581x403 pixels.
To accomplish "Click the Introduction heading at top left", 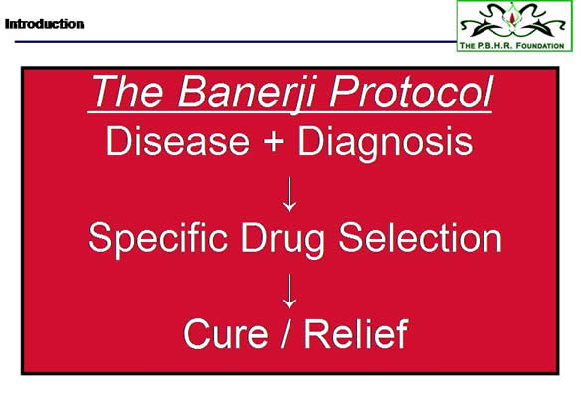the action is (x=44, y=24).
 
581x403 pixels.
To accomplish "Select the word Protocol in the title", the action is (x=412, y=92).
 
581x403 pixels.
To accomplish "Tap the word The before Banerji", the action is (x=127, y=92).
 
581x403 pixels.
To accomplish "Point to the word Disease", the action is (x=178, y=141).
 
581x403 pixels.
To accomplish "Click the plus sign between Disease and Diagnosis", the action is (x=273, y=142).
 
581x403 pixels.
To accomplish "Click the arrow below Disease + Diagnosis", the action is (x=290, y=194).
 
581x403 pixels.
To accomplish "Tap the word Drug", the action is (x=283, y=240).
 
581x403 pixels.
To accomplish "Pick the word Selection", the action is (x=420, y=237).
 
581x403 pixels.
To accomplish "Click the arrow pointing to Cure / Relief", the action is (x=290, y=291).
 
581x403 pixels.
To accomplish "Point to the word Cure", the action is (x=226, y=334).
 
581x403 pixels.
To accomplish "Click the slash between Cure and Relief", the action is (x=286, y=333).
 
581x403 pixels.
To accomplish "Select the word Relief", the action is (x=356, y=333).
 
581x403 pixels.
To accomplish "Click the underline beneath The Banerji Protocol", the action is (x=290, y=111).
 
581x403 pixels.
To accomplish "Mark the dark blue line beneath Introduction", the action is (x=236, y=41).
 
